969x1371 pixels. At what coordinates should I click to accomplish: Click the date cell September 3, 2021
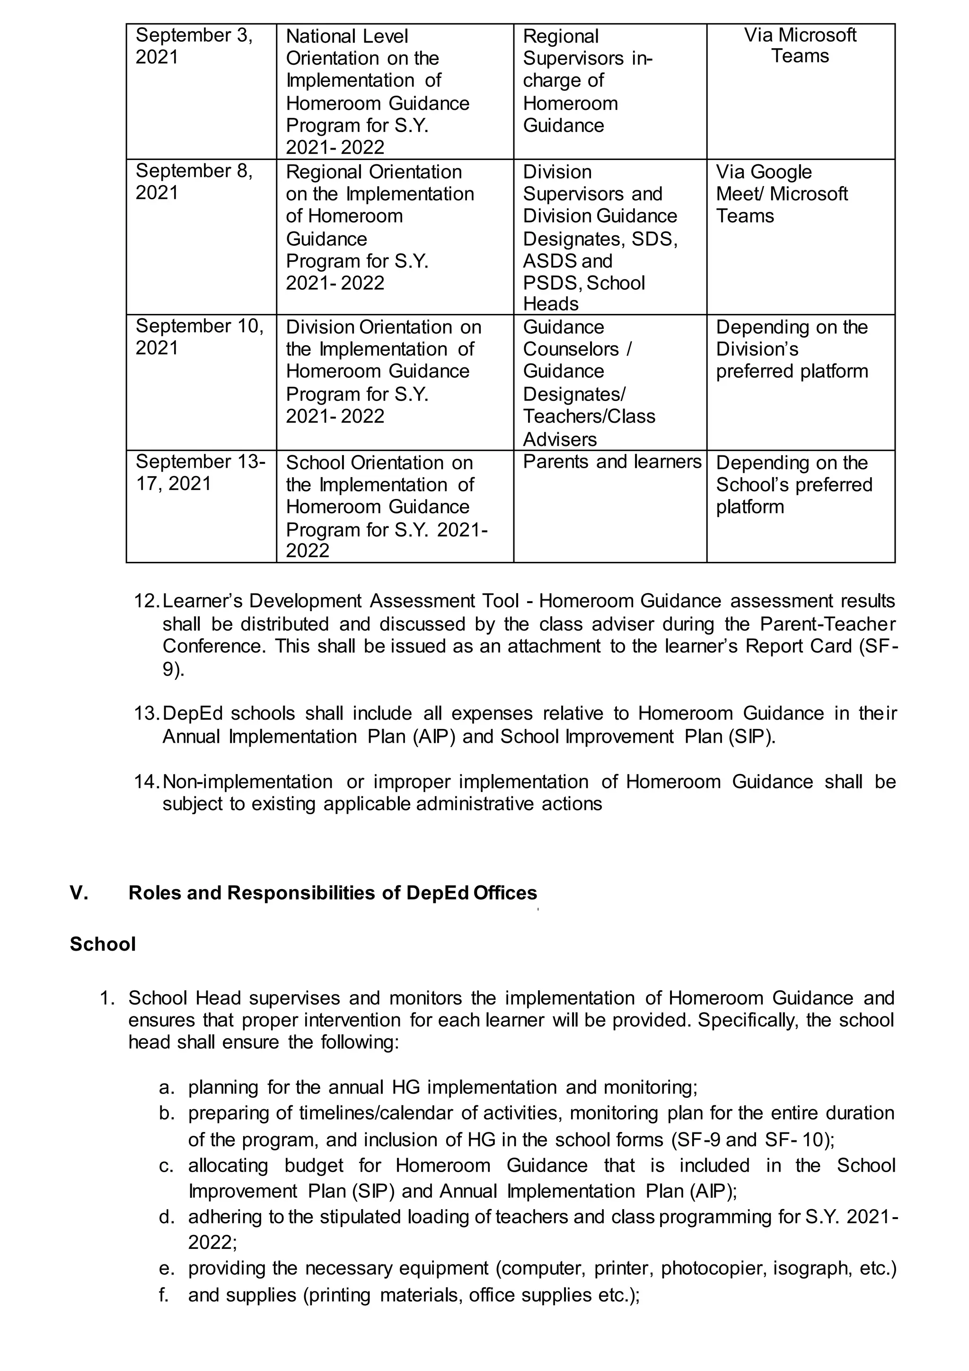[194, 46]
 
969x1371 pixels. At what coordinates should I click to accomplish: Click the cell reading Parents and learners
[612, 462]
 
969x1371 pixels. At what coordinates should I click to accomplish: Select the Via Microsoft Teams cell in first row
[800, 46]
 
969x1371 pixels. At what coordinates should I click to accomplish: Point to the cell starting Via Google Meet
[781, 194]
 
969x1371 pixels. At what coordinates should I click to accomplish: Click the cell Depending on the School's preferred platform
[793, 484]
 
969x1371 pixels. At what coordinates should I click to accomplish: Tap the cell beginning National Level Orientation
[377, 91]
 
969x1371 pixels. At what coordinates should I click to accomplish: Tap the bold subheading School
[103, 944]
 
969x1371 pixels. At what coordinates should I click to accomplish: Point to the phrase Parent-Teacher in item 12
[827, 624]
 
